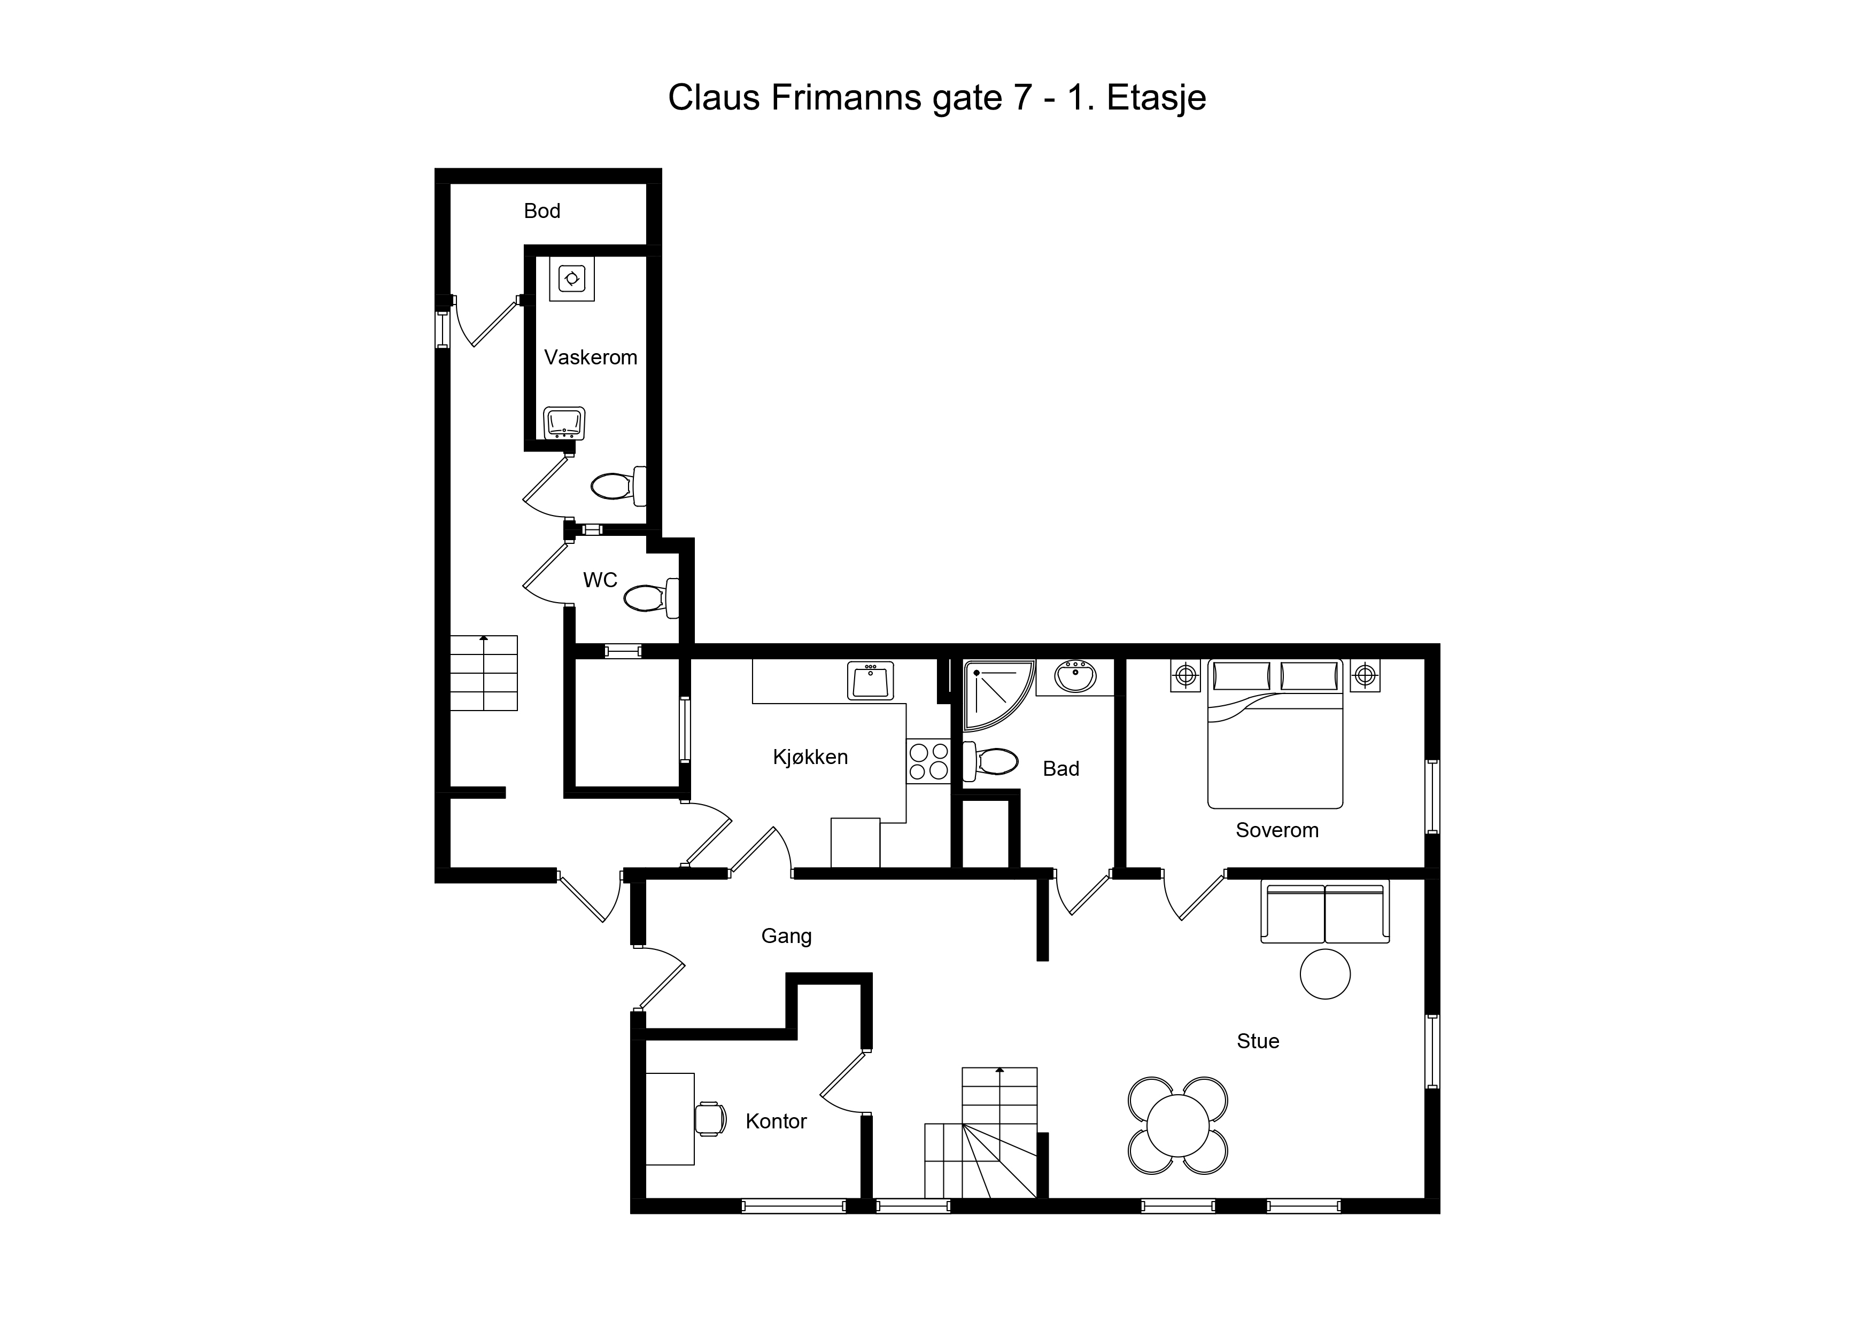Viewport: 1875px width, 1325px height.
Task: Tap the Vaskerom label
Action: pyautogui.click(x=591, y=357)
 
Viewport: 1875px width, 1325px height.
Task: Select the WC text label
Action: pyautogui.click(x=600, y=580)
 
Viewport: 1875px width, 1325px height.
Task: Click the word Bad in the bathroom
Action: pyautogui.click(x=1061, y=768)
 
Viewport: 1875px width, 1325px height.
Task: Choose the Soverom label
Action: pyautogui.click(x=1277, y=830)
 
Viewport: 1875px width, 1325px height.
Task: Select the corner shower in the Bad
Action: pyautogui.click(x=1000, y=695)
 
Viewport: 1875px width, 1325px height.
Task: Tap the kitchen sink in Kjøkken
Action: pyautogui.click(x=871, y=680)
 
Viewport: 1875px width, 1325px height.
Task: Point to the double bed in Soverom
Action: pyautogui.click(x=1275, y=734)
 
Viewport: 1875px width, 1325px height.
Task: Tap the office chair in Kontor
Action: pyautogui.click(x=710, y=1118)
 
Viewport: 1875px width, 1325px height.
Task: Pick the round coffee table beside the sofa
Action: pyautogui.click(x=1324, y=974)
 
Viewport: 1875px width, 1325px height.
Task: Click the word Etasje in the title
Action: pyautogui.click(x=1156, y=98)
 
